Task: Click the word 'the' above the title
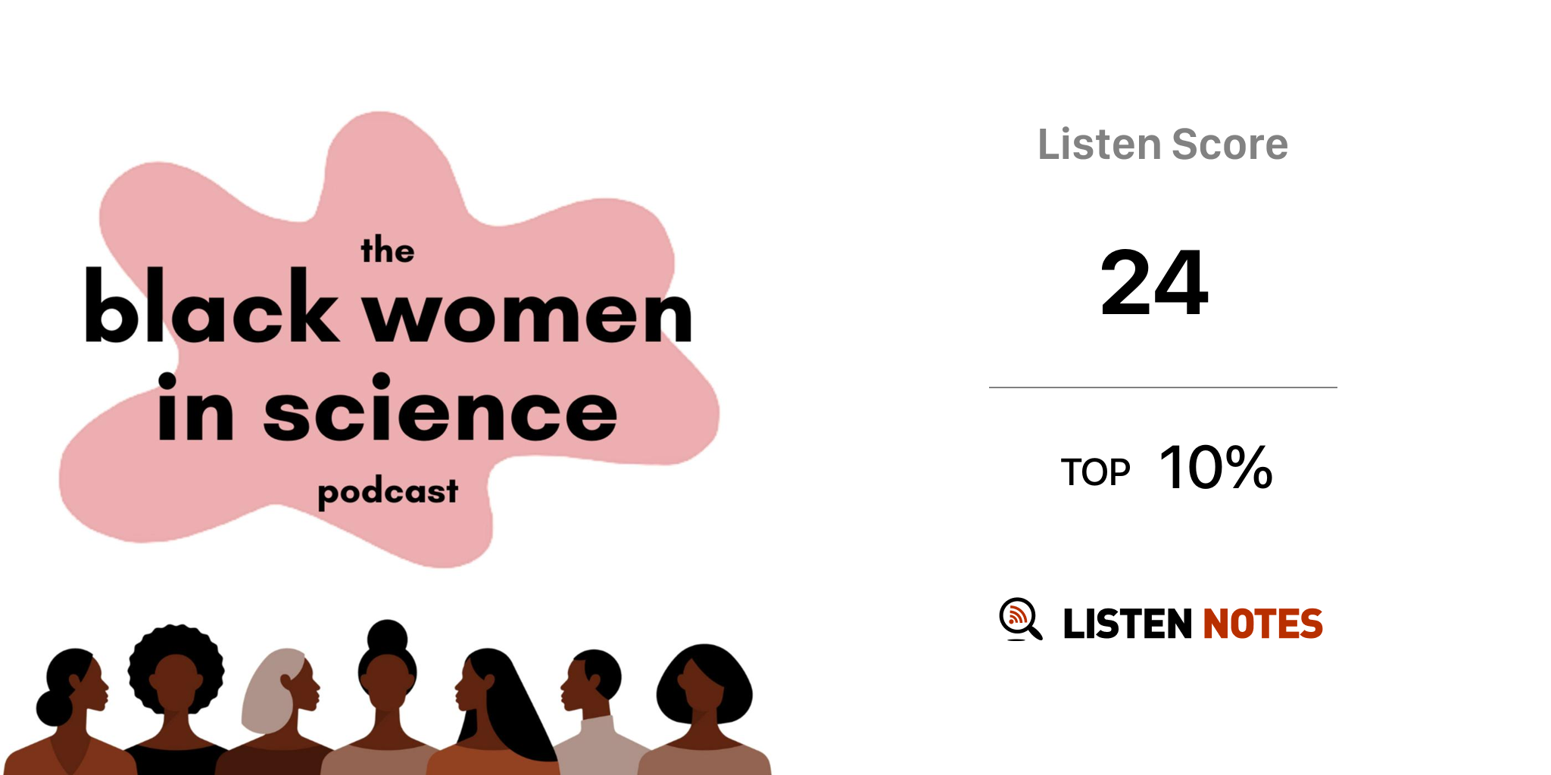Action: [387, 250]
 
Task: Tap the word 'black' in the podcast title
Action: [211, 305]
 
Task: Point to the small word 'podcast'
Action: [388, 493]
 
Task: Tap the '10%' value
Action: [1216, 467]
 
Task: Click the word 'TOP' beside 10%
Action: [1095, 472]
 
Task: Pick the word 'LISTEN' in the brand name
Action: [1128, 624]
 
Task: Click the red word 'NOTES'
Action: [1262, 624]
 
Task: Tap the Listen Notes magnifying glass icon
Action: [1020, 619]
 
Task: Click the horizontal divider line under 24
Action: [1163, 387]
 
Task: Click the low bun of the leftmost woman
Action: [53, 708]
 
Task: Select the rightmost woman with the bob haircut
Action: [704, 711]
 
